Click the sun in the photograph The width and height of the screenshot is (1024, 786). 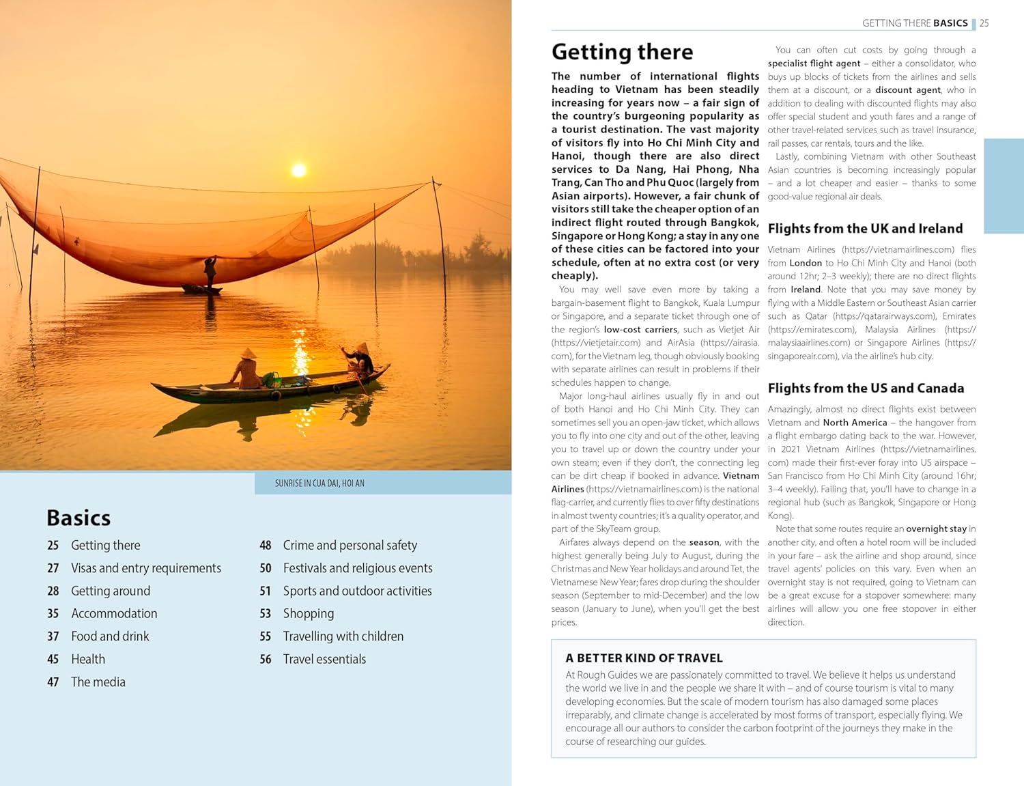coord(298,169)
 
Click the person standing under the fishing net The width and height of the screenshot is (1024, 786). coord(210,272)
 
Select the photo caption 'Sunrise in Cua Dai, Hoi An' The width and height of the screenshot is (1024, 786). coord(319,483)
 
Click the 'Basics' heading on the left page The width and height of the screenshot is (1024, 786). coord(79,518)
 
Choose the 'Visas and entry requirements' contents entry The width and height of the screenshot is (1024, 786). coord(146,568)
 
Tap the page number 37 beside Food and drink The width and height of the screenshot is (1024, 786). coord(53,636)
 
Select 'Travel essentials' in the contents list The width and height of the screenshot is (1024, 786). coord(324,659)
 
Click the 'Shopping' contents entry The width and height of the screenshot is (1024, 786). coord(309,614)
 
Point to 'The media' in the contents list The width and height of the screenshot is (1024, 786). coord(98,682)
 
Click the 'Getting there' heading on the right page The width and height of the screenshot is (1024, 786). coord(622,52)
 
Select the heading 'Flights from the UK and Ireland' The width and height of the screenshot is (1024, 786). coord(865,229)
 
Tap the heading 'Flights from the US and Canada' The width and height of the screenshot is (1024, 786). coord(866,389)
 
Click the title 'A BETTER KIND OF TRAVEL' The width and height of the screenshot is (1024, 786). coord(644,658)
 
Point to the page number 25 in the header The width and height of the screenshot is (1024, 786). coord(984,23)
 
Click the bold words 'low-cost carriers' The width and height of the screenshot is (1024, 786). coord(640,330)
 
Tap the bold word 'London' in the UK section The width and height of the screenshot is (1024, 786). coord(806,263)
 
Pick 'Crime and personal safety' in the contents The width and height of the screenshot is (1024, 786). coord(350,546)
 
